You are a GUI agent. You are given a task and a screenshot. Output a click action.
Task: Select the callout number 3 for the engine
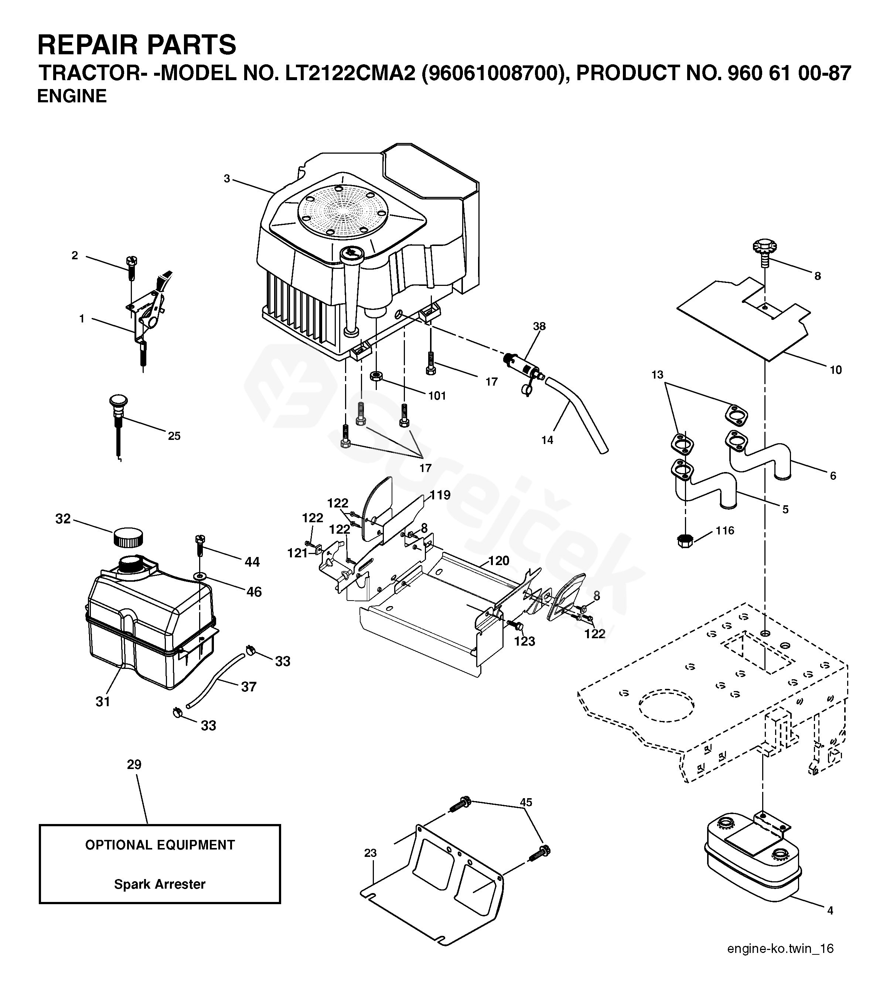(x=227, y=179)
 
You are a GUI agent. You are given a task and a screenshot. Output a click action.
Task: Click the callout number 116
(x=725, y=531)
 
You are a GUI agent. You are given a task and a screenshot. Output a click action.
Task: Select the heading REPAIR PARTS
(x=137, y=45)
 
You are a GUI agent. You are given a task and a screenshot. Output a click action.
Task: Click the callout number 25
(x=174, y=436)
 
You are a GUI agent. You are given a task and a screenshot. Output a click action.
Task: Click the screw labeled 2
(x=132, y=267)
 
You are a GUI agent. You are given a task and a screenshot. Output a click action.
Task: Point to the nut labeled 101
(x=376, y=376)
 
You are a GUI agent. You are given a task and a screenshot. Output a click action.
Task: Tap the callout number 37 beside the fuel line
(x=249, y=687)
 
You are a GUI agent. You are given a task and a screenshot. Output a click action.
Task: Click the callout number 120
(x=499, y=561)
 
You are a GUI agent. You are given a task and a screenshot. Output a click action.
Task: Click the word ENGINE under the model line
(x=72, y=96)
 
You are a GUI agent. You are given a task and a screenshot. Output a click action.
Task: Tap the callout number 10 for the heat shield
(x=836, y=370)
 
